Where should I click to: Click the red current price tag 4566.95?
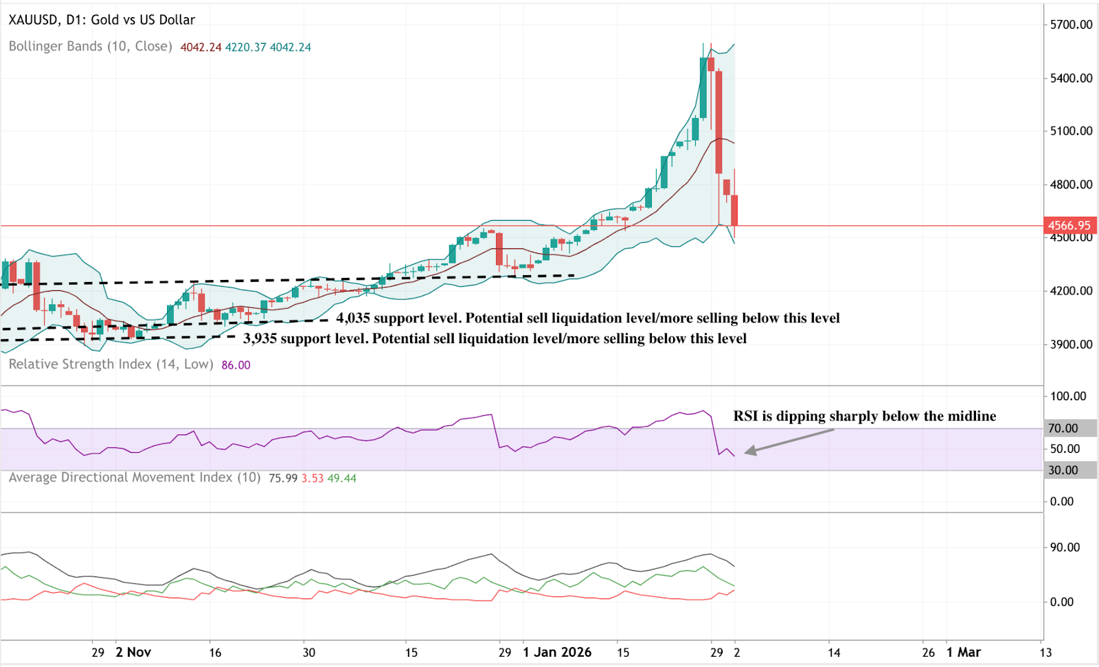1069,225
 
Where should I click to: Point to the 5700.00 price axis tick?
1071,25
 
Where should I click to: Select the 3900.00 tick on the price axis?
1071,344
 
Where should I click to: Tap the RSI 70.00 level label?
1063,428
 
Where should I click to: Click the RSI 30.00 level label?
1063,470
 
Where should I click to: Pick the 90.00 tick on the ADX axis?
1065,548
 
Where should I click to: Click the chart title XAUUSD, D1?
102,20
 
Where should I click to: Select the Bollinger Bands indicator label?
90,47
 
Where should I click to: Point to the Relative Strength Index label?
111,364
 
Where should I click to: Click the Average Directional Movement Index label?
135,478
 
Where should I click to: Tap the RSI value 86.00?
236,365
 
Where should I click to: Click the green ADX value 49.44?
342,478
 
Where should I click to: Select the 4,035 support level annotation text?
587,318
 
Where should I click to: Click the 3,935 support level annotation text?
495,338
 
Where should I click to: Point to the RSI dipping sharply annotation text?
864,416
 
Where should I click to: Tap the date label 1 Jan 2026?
557,652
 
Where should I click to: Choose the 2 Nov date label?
133,652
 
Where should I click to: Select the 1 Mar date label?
963,652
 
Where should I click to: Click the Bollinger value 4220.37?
245,47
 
